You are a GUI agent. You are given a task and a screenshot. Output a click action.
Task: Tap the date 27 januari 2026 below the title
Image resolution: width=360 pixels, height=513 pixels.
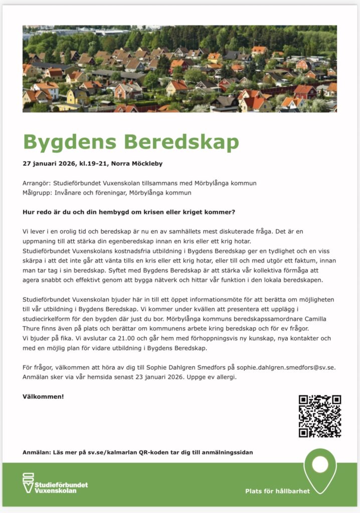(x=49, y=163)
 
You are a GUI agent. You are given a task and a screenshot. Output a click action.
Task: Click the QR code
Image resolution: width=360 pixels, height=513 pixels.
(x=320, y=416)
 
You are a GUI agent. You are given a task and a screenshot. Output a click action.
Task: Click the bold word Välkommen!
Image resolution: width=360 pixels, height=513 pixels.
(x=43, y=396)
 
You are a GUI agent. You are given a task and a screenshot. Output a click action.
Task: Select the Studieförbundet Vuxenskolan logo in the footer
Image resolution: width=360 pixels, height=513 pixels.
(x=55, y=483)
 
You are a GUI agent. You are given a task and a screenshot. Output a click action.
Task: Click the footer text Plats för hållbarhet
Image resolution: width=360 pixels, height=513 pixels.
(x=277, y=491)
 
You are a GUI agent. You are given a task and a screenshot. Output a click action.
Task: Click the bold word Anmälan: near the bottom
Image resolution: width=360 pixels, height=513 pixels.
(x=37, y=452)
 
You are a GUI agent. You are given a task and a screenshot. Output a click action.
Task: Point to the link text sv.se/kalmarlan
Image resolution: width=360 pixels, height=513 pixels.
(x=103, y=452)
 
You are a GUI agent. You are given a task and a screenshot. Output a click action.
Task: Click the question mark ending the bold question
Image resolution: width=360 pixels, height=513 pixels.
(x=234, y=212)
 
